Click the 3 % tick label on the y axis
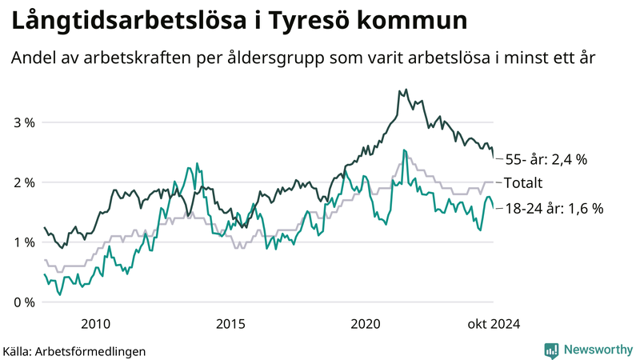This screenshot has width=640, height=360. click(23, 122)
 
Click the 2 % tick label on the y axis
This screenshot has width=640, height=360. click(23, 182)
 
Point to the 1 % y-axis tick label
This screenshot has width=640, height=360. click(23, 242)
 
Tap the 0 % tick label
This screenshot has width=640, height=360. click(23, 302)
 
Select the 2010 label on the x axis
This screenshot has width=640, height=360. click(96, 324)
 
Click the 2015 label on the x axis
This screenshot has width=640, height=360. click(231, 324)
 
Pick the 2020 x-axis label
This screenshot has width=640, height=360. click(366, 324)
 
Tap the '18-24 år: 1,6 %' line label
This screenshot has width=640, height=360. click(554, 208)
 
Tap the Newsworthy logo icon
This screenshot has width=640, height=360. click(551, 350)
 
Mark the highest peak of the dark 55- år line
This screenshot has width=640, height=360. click(406, 90)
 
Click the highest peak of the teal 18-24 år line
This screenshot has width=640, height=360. click(405, 150)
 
